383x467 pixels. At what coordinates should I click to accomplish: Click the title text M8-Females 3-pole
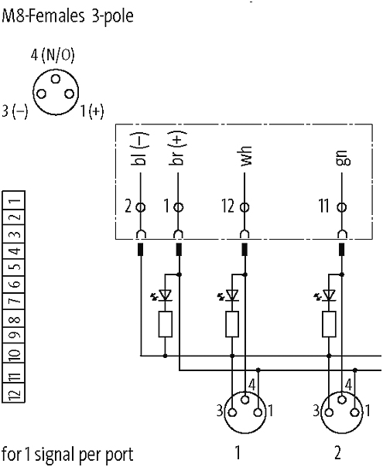[67, 15]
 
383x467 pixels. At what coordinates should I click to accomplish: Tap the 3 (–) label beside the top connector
[15, 111]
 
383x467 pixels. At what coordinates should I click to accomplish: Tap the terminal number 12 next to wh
[227, 207]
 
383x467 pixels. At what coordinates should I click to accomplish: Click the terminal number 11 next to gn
[323, 207]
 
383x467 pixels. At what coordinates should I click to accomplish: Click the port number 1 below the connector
[238, 452]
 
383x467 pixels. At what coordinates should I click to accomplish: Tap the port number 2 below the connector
[337, 452]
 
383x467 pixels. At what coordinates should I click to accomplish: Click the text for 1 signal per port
[67, 453]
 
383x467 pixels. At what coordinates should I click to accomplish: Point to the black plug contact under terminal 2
[140, 250]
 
